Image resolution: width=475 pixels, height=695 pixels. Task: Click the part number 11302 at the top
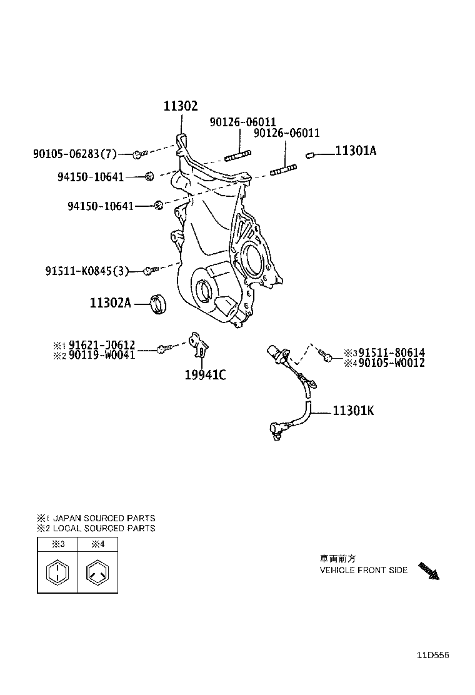pos(181,107)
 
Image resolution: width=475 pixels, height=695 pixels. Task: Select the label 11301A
pos(356,151)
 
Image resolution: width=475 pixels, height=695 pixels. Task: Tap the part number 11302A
pos(110,303)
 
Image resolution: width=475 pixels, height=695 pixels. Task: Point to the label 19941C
pos(204,375)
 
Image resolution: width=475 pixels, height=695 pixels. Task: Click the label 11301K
pos(354,411)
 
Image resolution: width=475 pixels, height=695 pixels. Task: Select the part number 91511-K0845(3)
pos(87,271)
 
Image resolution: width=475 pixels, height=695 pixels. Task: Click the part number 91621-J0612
pos(101,345)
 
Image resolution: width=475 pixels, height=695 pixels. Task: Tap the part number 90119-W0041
pos(101,355)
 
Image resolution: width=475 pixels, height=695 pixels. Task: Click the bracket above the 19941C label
pos(199,345)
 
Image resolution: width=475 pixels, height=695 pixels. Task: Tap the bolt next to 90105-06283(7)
pos(139,153)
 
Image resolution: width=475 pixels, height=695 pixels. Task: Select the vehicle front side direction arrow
pos(429,571)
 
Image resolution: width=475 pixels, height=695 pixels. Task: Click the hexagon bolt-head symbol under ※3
pos(57,572)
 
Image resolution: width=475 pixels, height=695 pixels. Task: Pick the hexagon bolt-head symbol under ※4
pos(97,572)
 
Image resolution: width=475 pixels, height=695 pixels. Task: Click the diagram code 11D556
pos(433,655)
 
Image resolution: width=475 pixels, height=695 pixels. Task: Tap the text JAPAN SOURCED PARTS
pos(104,518)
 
